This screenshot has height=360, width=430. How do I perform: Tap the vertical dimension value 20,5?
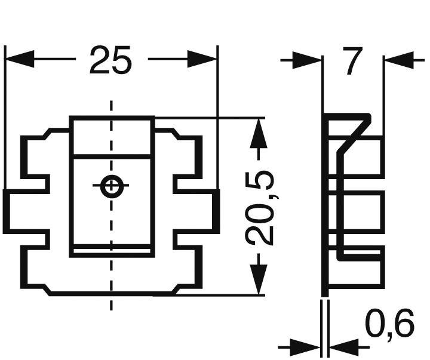(260, 207)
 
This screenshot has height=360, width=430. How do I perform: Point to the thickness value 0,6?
(389, 326)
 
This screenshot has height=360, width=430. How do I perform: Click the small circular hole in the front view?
(111, 187)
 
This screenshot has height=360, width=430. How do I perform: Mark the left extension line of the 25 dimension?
(5, 119)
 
